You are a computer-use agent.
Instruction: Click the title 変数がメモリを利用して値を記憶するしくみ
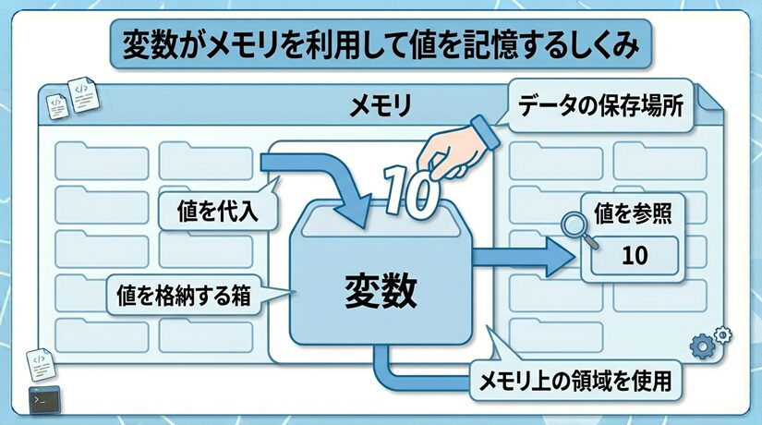[x=381, y=44]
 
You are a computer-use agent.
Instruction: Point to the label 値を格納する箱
[x=185, y=297]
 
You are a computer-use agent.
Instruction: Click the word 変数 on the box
[x=381, y=291]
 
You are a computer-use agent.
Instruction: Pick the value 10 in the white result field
[x=635, y=255]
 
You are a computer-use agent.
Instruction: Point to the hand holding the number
[x=453, y=152]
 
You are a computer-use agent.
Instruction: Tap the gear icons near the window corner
[x=709, y=342]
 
